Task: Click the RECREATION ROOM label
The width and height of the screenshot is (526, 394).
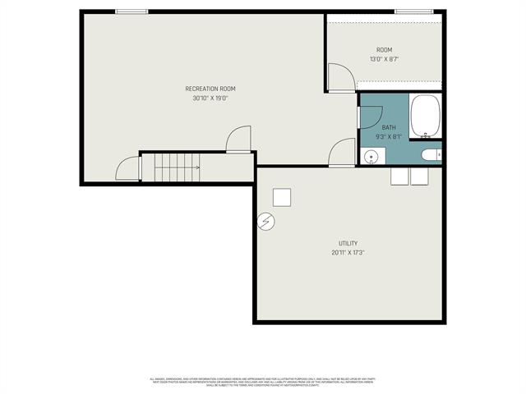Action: [210, 89]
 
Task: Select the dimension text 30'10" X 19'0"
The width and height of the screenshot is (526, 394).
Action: [210, 98]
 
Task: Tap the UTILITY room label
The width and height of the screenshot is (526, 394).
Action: [348, 243]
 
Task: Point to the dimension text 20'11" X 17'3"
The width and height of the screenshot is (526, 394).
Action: [348, 253]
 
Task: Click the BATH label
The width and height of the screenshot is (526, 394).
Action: [388, 127]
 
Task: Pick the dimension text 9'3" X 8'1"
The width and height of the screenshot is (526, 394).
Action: [388, 137]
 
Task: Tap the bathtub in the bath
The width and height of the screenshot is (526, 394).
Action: [426, 117]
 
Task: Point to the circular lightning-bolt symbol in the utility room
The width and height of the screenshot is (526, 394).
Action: [266, 221]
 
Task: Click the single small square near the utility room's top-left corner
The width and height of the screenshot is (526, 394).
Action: [281, 197]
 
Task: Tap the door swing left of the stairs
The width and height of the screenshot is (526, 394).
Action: [129, 168]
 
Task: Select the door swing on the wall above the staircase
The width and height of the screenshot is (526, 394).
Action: [238, 140]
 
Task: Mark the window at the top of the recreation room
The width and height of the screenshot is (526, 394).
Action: [131, 11]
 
